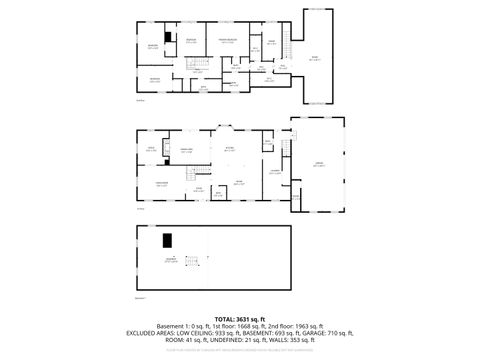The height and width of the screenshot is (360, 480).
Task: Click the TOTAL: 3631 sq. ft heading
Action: (x=239, y=318)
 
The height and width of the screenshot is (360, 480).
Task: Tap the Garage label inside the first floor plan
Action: (x=318, y=166)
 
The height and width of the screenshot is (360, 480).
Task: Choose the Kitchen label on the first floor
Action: (x=229, y=149)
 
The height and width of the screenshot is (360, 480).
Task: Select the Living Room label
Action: (x=161, y=184)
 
